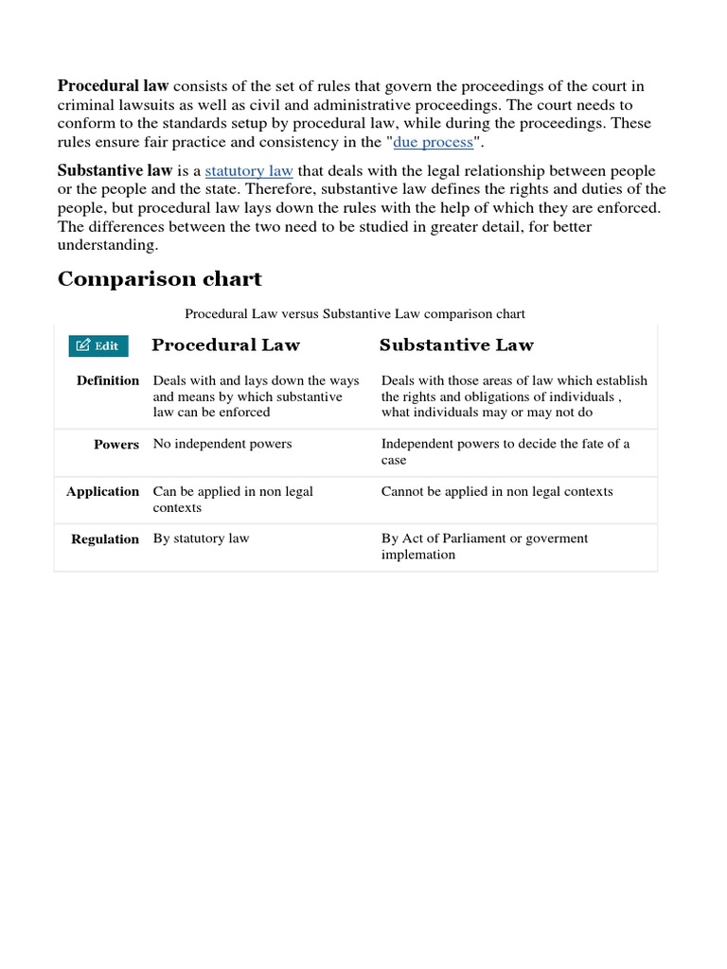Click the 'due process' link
pyautogui.click(x=433, y=142)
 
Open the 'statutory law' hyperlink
pyautogui.click(x=249, y=171)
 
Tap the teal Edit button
pyautogui.click(x=98, y=345)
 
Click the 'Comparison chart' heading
pyautogui.click(x=159, y=279)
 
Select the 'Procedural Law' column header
pyautogui.click(x=225, y=344)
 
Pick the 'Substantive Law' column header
pyautogui.click(x=456, y=344)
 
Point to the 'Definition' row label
pyautogui.click(x=108, y=380)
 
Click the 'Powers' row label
pyautogui.click(x=116, y=445)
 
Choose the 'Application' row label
pyautogui.click(x=102, y=492)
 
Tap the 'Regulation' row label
pyautogui.click(x=105, y=539)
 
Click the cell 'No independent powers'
pyautogui.click(x=222, y=444)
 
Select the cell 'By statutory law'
pyautogui.click(x=201, y=538)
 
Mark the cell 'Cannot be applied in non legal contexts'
pyautogui.click(x=497, y=491)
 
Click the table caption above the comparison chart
pyautogui.click(x=355, y=313)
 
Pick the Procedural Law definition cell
pyautogui.click(x=256, y=396)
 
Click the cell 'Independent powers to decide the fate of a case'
pyautogui.click(x=505, y=451)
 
